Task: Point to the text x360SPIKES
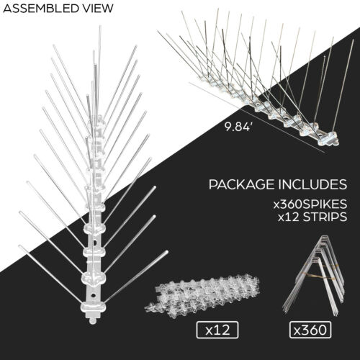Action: (310, 204)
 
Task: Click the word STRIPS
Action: (325, 217)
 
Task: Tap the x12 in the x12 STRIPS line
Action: (289, 217)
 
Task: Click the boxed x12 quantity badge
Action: (217, 330)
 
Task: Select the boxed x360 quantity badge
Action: (310, 330)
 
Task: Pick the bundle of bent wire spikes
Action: (313, 276)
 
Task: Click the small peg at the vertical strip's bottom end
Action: (93, 320)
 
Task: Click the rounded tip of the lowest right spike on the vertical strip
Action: (166, 252)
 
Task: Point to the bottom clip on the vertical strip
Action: (92, 307)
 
